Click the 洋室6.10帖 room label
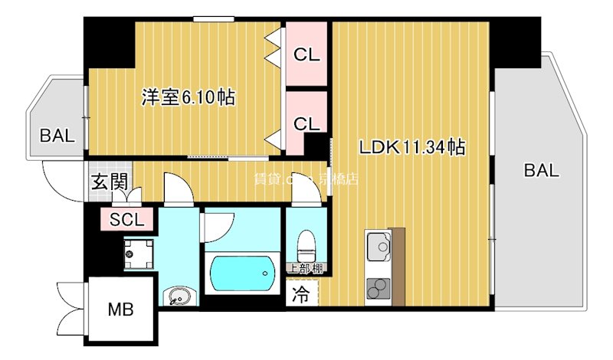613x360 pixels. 188,97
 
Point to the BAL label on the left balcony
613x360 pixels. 57,136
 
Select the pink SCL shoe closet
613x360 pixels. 126,220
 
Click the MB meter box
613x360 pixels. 120,310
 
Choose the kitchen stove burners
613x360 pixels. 377,290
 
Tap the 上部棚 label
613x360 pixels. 306,268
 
